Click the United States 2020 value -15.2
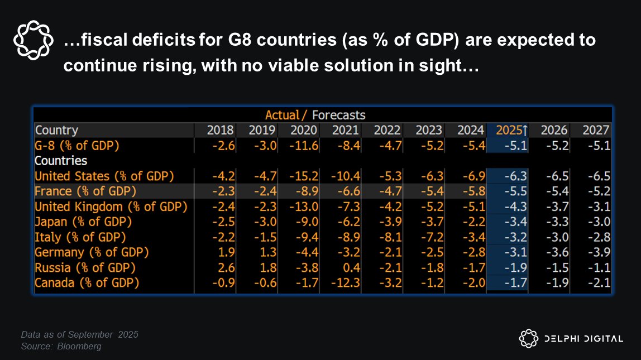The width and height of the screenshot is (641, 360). pyautogui.click(x=304, y=176)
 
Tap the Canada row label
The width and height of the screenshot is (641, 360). pyautogui.click(x=87, y=283)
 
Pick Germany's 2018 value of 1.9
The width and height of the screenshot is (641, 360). pyautogui.click(x=228, y=252)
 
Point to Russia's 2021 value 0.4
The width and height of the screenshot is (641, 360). pyautogui.click(x=350, y=267)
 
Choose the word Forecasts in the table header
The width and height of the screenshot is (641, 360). pyautogui.click(x=338, y=115)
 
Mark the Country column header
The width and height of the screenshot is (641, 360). pyautogui.click(x=56, y=131)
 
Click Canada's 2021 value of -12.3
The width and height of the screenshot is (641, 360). pyautogui.click(x=345, y=283)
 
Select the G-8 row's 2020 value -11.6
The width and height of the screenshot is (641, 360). pyautogui.click(x=304, y=146)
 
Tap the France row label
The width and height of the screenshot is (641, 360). pyautogui.click(x=85, y=191)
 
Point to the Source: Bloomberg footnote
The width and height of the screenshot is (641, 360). pyautogui.click(x=61, y=347)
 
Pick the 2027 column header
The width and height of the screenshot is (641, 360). pyautogui.click(x=596, y=131)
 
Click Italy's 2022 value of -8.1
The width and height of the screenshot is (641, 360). pyautogui.click(x=389, y=237)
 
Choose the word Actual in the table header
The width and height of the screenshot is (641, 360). pyautogui.click(x=283, y=115)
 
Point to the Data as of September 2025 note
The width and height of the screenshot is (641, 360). pyautogui.click(x=79, y=335)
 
